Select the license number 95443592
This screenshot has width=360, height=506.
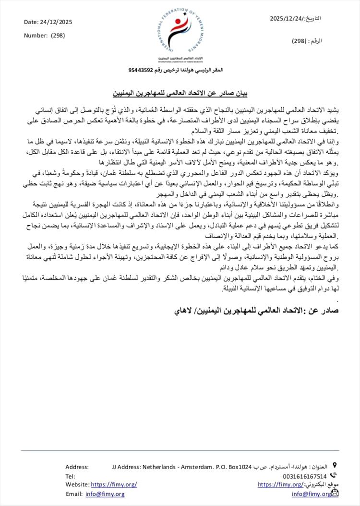click(x=141, y=70)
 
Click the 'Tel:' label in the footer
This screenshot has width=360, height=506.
click(x=70, y=476)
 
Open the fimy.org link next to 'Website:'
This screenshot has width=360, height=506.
click(x=114, y=484)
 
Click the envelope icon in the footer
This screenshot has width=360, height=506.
click(x=335, y=493)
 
